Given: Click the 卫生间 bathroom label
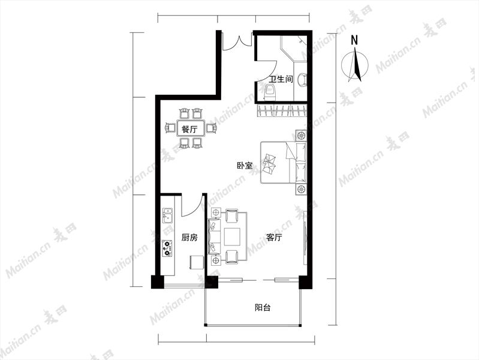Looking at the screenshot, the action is pyautogui.click(x=281, y=79).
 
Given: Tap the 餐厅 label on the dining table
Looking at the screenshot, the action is pyautogui.click(x=189, y=130).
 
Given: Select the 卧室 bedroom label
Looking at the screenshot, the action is pyautogui.click(x=245, y=166).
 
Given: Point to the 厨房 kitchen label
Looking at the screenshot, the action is pyautogui.click(x=189, y=238).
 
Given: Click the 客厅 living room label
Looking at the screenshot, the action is pyautogui.click(x=274, y=238).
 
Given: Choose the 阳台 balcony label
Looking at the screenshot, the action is pyautogui.click(x=263, y=307).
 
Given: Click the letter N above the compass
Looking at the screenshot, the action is pyautogui.click(x=354, y=40).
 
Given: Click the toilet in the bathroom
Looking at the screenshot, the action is pyautogui.click(x=270, y=92).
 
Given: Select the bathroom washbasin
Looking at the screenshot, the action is pyautogui.click(x=302, y=79).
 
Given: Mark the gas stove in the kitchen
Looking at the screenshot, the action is pyautogui.click(x=167, y=248).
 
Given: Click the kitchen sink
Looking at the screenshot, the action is pyautogui.click(x=167, y=215).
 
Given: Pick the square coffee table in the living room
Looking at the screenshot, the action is pyautogui.click(x=232, y=237).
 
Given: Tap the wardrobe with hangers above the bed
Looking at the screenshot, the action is pyautogui.click(x=281, y=110).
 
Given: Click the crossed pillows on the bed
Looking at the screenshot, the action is pyautogui.click(x=269, y=164).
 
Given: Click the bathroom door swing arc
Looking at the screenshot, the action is pyautogui.click(x=270, y=73).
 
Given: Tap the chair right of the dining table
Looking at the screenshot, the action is pyautogui.click(x=211, y=128).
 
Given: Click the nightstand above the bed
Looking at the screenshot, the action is pyautogui.click(x=301, y=135).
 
